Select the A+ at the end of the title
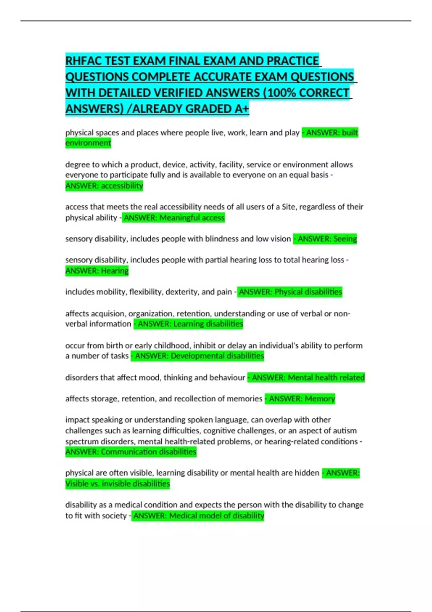(242, 108)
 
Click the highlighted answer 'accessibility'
(122, 186)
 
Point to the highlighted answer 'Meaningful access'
(192, 218)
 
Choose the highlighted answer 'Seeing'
(345, 239)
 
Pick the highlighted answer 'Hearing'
(114, 271)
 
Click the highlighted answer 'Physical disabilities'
(308, 292)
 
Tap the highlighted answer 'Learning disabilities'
(208, 324)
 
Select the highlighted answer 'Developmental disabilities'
(217, 356)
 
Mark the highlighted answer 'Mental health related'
(326, 378)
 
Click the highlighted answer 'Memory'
(320, 399)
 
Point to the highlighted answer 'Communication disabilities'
(148, 452)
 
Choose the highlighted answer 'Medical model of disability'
(216, 516)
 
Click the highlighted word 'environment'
(88, 143)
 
